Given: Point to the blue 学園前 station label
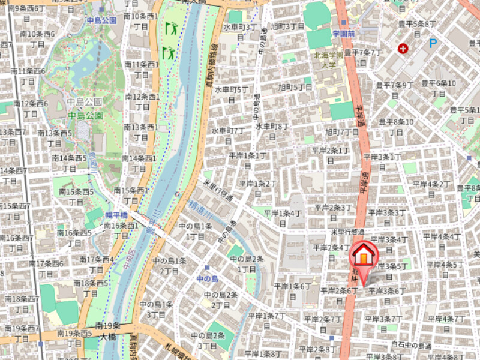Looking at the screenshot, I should pos(344,34).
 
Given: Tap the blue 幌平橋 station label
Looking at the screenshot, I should pos(116,215).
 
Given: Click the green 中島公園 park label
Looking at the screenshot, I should pos(85,115).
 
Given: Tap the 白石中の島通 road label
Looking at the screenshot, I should pos(411,346).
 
